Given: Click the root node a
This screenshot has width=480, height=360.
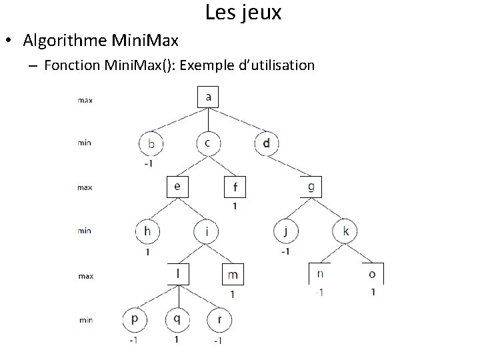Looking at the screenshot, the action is pyautogui.click(x=209, y=97).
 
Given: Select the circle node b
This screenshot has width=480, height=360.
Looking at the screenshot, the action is pyautogui.click(x=152, y=143).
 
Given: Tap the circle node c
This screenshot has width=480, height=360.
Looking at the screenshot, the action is pyautogui.click(x=209, y=142).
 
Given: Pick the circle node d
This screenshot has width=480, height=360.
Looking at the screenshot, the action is pyautogui.click(x=267, y=142).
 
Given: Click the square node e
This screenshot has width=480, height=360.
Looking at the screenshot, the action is pyautogui.click(x=177, y=187).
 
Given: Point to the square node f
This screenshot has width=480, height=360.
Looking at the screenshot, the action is pyautogui.click(x=235, y=187).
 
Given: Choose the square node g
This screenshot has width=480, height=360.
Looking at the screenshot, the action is pyautogui.click(x=311, y=186).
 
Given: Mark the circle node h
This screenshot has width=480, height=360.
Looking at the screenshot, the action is pyautogui.click(x=147, y=232).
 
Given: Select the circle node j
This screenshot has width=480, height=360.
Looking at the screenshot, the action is pyautogui.click(x=285, y=232).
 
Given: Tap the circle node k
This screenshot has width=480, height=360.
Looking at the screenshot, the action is pyautogui.click(x=345, y=232).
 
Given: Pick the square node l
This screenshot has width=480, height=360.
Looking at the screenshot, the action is pyautogui.click(x=178, y=274).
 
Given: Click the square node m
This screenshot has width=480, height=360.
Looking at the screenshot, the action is pyautogui.click(x=233, y=275).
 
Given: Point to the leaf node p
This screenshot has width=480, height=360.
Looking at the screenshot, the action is pyautogui.click(x=135, y=319).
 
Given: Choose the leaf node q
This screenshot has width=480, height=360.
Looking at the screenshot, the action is pyautogui.click(x=177, y=319).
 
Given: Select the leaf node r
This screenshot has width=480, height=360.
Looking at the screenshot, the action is pyautogui.click(x=218, y=319).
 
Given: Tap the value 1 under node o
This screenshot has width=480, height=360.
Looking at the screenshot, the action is pyautogui.click(x=373, y=292).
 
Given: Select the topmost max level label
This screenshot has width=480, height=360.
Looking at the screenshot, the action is pyautogui.click(x=85, y=101).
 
